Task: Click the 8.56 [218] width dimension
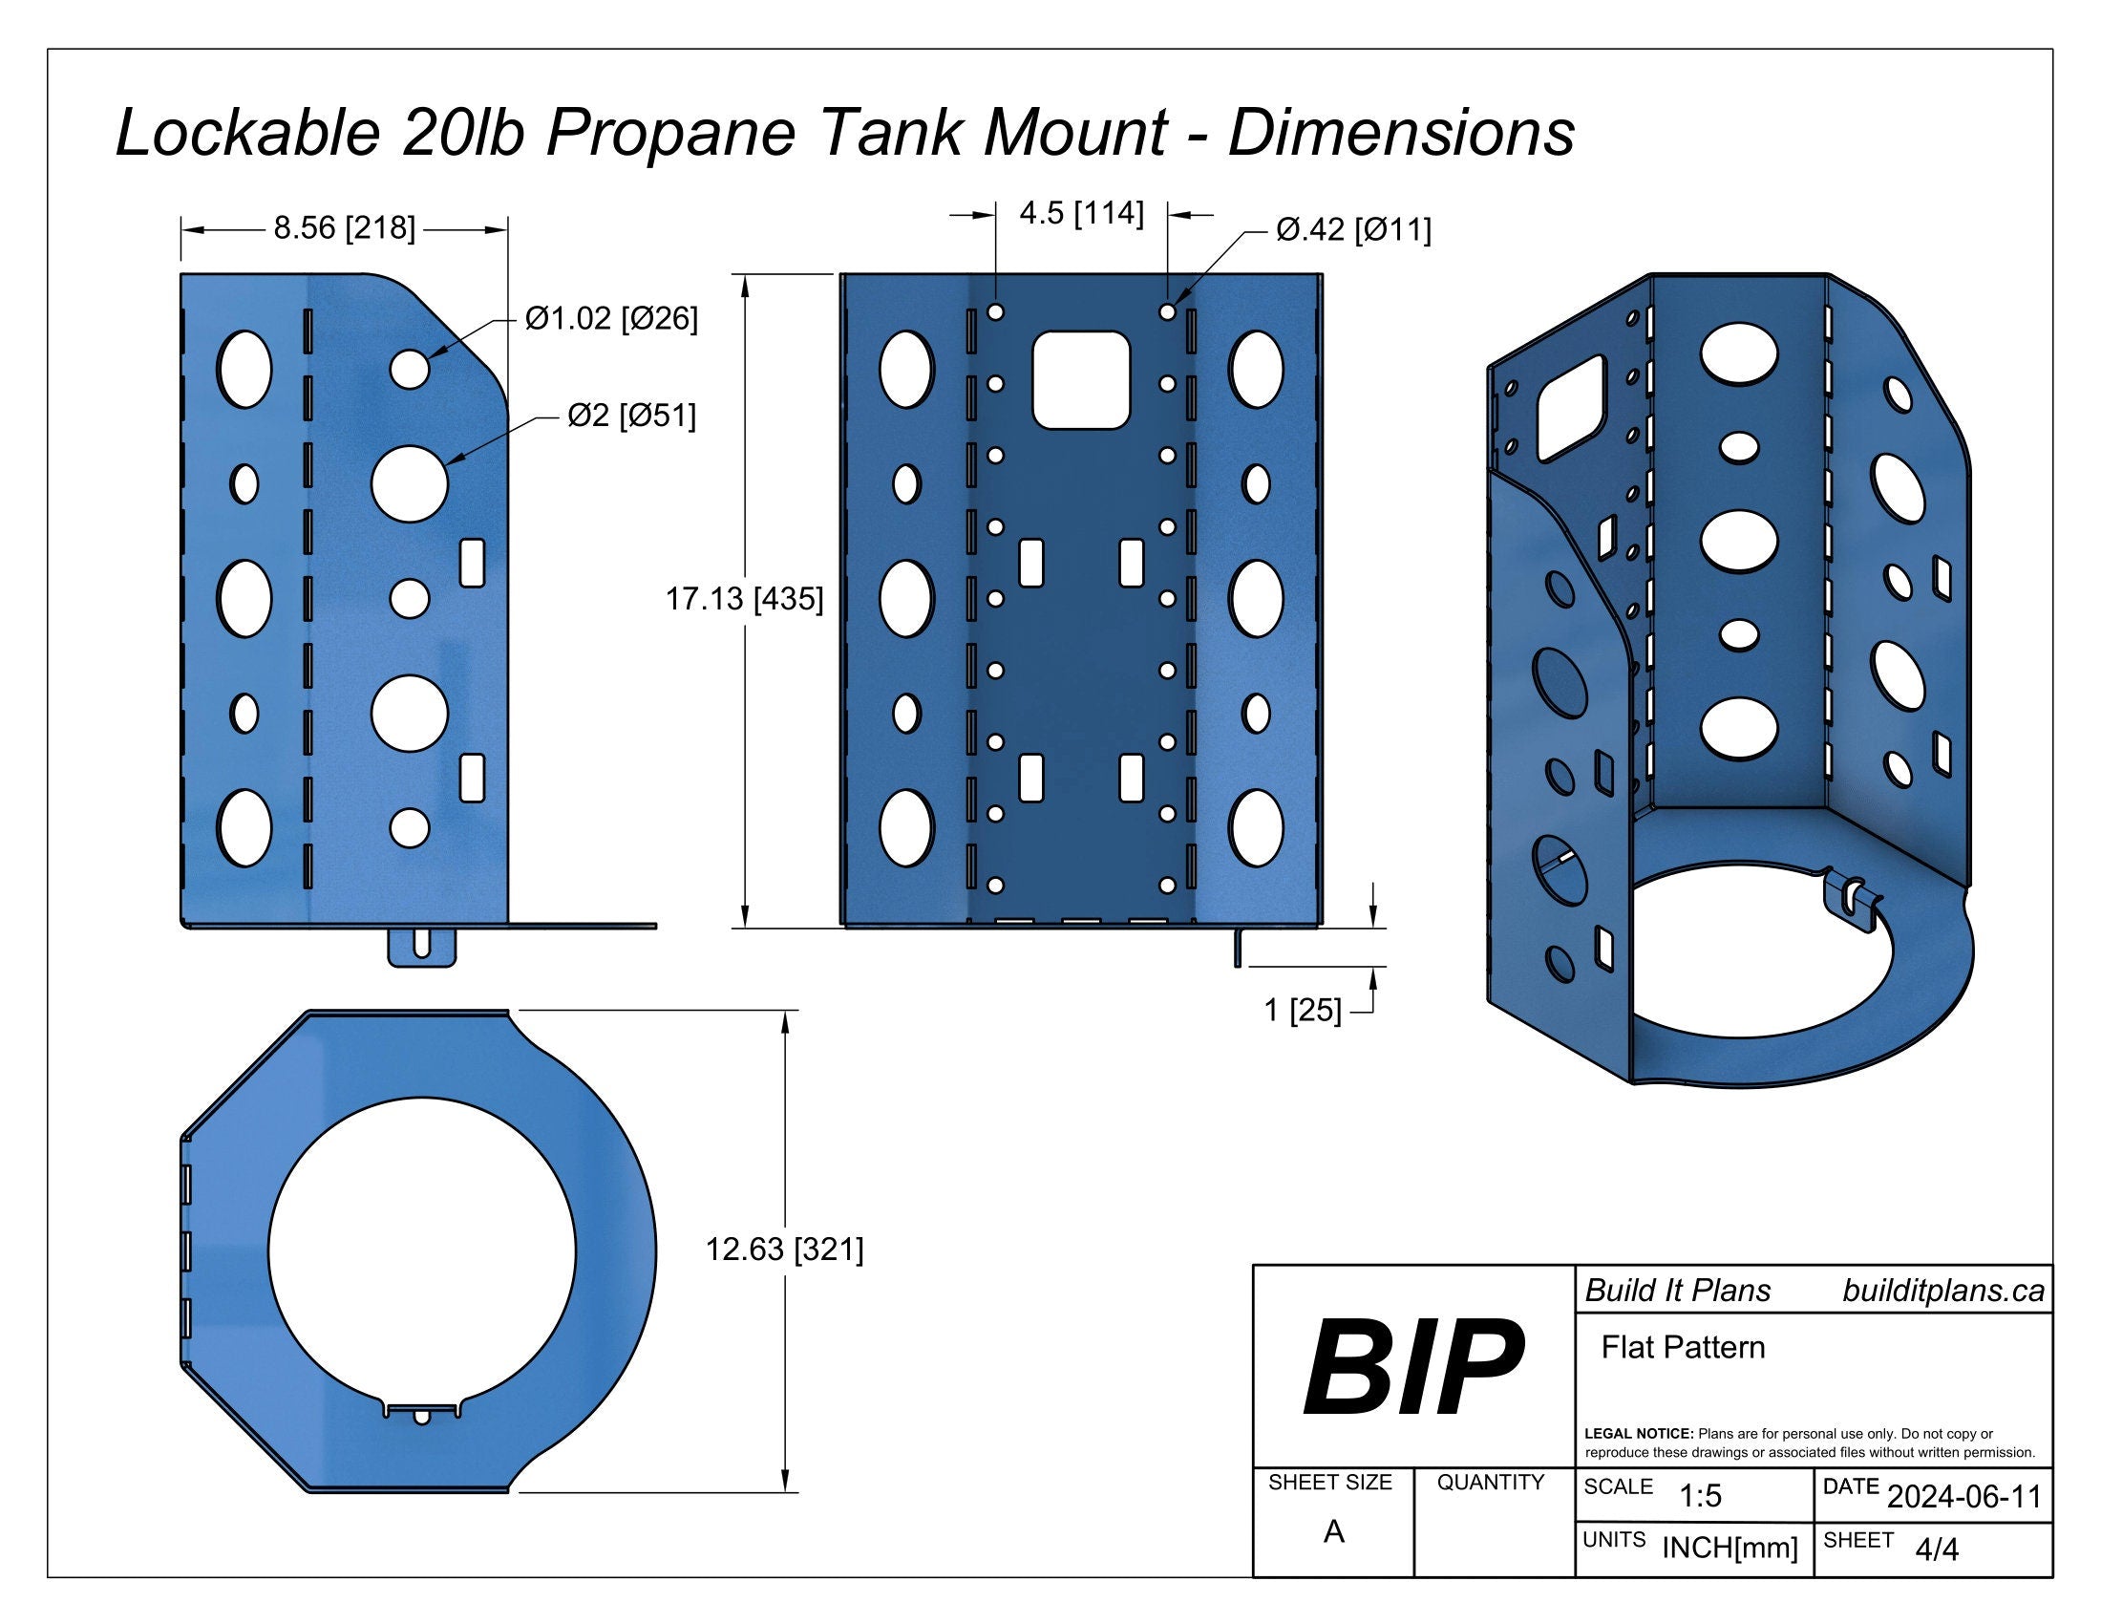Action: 345,229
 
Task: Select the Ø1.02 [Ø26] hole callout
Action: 611,318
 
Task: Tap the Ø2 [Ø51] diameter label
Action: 631,417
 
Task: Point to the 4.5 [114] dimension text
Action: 1081,214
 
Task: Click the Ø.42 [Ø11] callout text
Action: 1352,231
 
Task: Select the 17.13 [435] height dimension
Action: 745,599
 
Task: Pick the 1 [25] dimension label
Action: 1302,1010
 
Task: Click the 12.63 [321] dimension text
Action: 784,1250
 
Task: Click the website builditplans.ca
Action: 1942,1291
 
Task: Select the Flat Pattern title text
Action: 1683,1347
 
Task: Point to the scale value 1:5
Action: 1700,1495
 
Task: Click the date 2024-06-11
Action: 1963,1496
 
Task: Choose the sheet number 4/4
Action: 1936,1549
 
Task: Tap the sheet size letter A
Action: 1332,1531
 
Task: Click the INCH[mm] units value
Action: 1729,1548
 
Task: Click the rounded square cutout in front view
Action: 1080,380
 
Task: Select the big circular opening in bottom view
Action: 422,1250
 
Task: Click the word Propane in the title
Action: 670,133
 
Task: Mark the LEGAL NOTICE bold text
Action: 1637,1434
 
